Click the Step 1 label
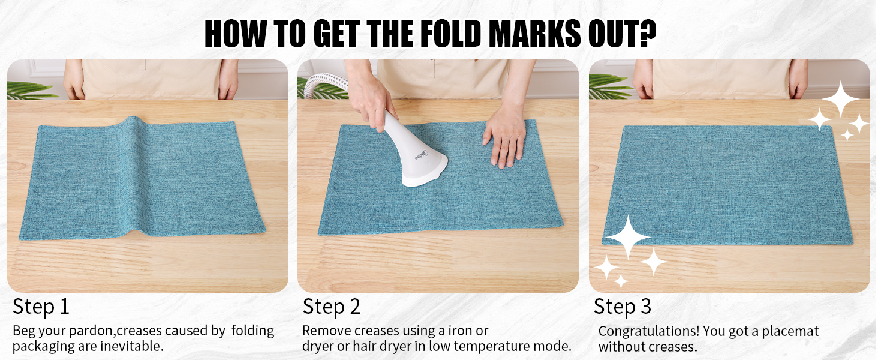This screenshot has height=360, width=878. coord(41,307)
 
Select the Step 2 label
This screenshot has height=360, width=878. coord(331,307)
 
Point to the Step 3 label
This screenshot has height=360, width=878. coord(622,307)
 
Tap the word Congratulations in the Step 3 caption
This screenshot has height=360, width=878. coord(648,331)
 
